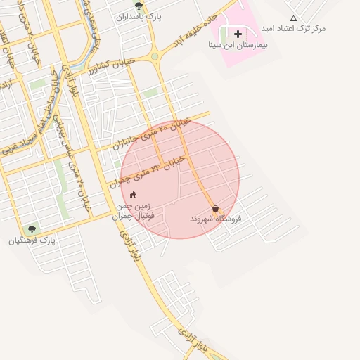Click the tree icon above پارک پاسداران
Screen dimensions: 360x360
tap(139, 5)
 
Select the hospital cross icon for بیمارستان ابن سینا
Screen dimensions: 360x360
tap(238, 34)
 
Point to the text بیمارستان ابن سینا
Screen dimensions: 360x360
tap(238, 44)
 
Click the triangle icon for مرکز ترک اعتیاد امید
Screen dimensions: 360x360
tap(293, 18)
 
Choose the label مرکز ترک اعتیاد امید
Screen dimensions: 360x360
tap(293, 29)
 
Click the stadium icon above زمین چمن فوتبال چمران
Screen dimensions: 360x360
tap(134, 195)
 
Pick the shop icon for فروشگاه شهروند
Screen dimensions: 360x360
tap(215, 208)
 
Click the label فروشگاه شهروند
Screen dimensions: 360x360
tap(215, 219)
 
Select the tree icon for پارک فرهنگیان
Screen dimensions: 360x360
tap(31, 230)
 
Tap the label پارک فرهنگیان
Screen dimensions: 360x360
tap(31, 240)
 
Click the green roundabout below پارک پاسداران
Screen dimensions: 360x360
tap(155, 56)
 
